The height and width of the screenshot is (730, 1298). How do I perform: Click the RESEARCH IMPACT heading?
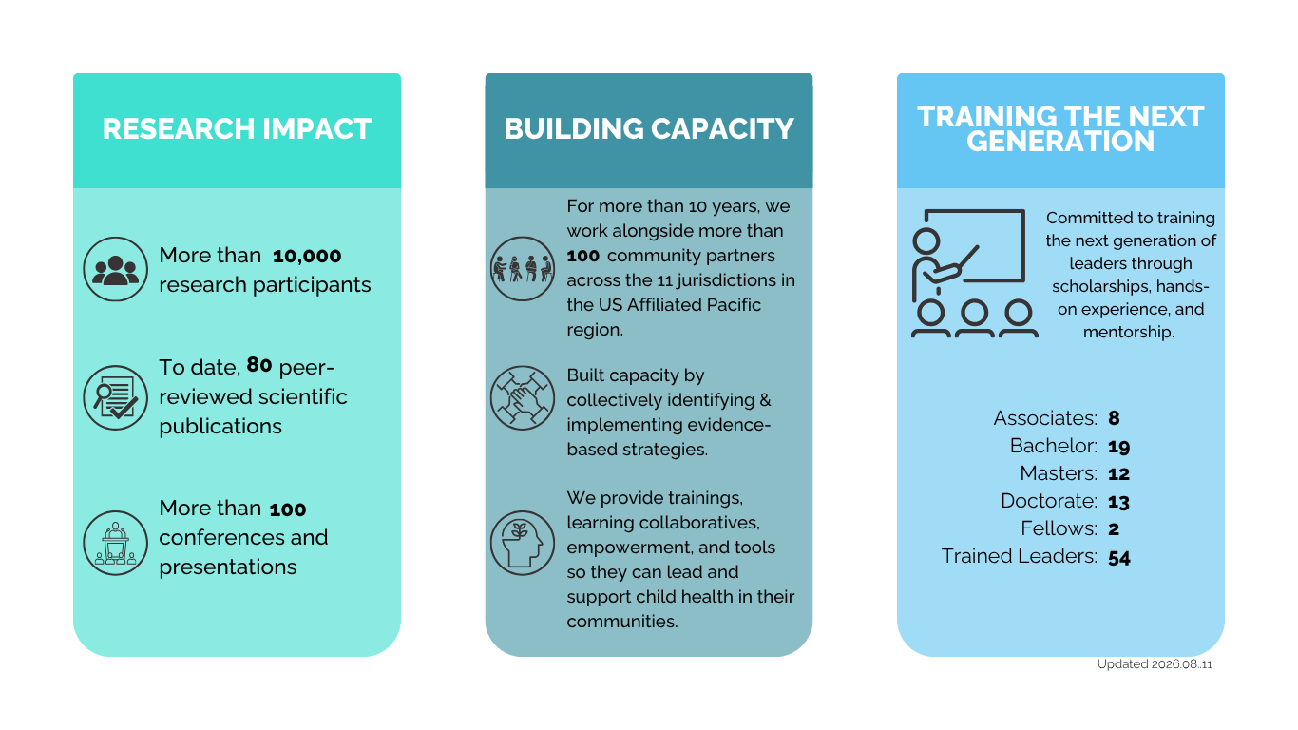(x=237, y=128)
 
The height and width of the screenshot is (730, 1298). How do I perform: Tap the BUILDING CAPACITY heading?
(x=648, y=128)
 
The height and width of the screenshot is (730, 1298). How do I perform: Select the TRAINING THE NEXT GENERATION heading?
(x=1060, y=128)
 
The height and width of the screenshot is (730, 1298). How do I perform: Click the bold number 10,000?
(x=307, y=256)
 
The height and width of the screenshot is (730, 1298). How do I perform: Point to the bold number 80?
(x=259, y=365)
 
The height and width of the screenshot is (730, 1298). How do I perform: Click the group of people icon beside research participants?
(x=115, y=269)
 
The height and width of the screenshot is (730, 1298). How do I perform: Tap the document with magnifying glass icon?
(x=115, y=397)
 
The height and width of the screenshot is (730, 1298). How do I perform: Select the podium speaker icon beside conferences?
(x=115, y=543)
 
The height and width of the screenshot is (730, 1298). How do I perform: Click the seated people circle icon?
(x=522, y=268)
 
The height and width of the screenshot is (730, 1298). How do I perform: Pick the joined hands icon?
(x=522, y=397)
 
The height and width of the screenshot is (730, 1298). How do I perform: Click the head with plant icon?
(x=522, y=543)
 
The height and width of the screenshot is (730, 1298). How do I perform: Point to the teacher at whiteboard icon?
(x=974, y=273)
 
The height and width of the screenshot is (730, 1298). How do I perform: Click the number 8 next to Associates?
(x=1114, y=418)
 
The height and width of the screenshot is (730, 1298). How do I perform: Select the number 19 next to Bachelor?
(x=1119, y=447)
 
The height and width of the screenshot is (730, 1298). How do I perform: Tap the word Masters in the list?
(x=1059, y=473)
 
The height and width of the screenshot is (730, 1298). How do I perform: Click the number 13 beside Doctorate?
(x=1119, y=502)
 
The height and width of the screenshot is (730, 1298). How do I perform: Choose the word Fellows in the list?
(x=1059, y=528)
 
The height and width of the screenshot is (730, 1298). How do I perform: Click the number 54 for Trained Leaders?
(x=1119, y=558)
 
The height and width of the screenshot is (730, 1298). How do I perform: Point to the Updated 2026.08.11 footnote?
(x=1155, y=663)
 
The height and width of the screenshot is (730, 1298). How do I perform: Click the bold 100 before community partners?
(x=583, y=256)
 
